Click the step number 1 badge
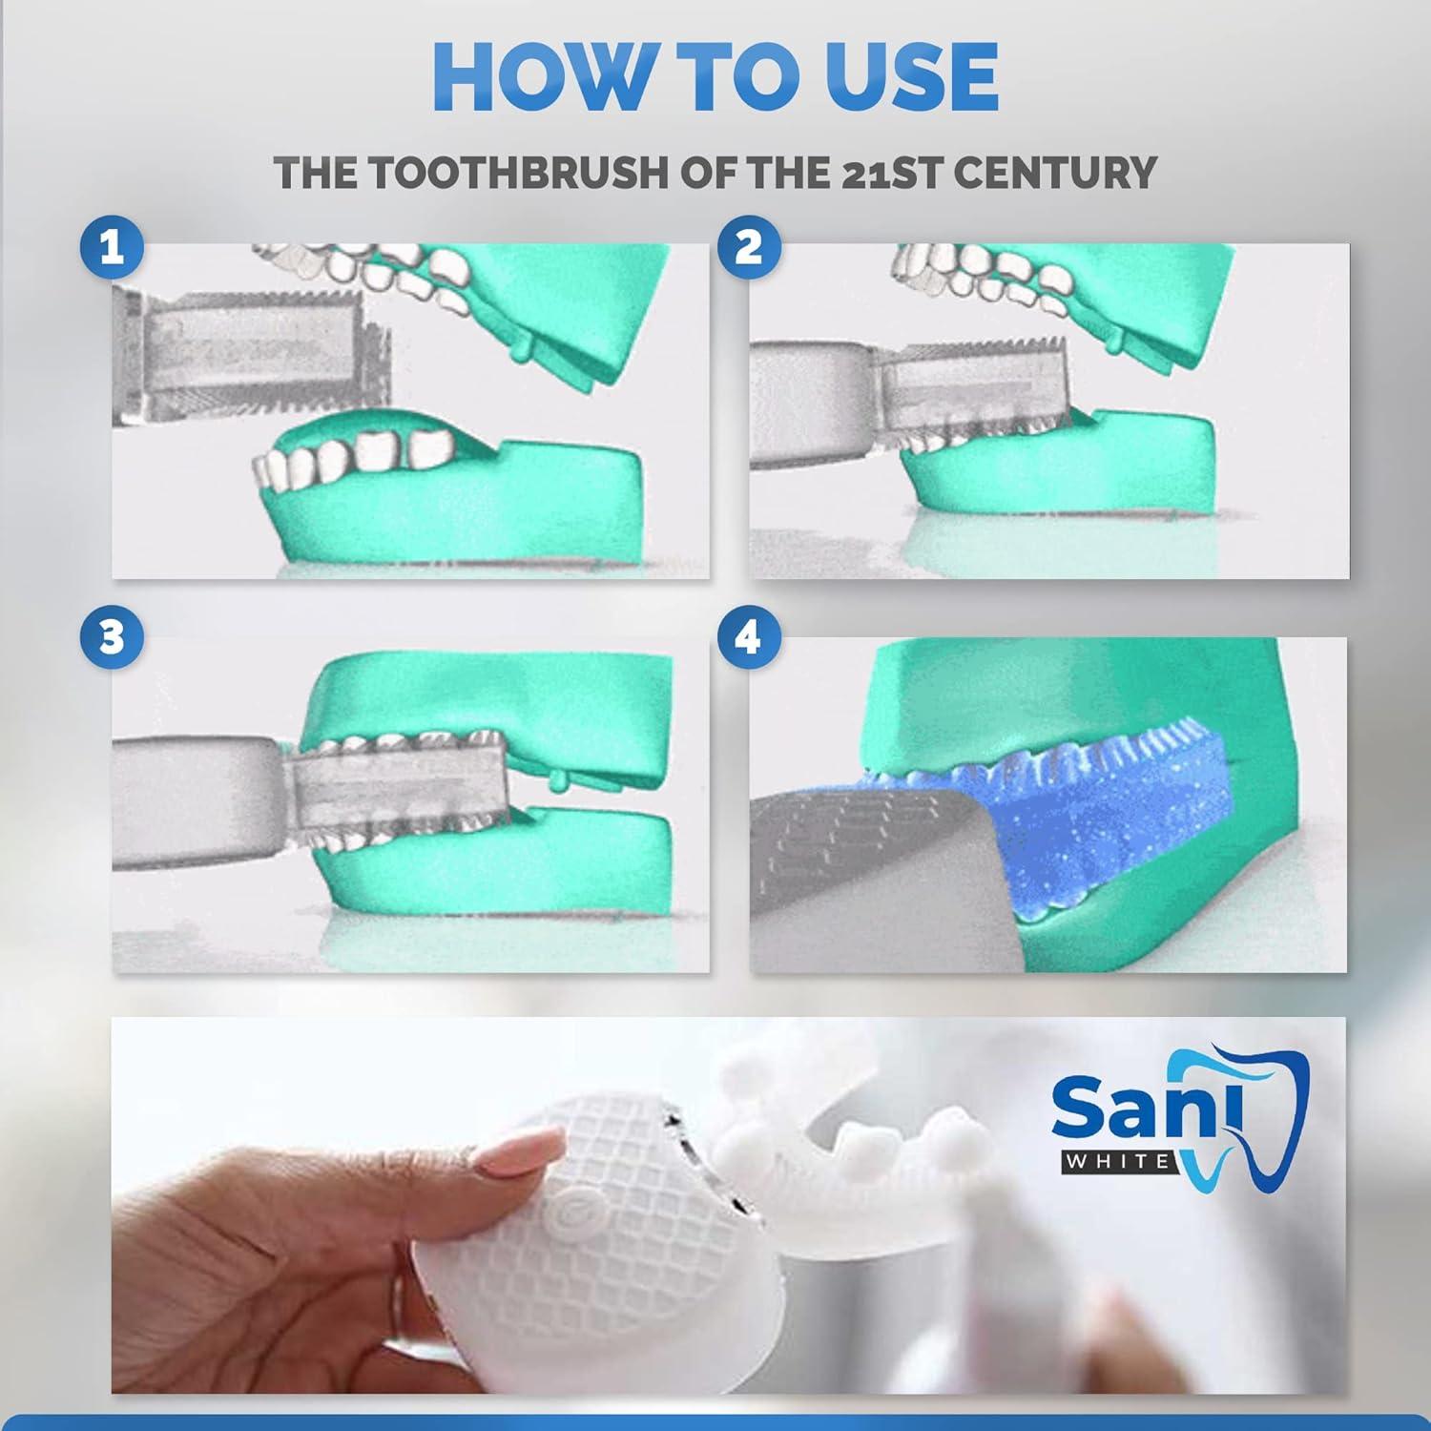112,248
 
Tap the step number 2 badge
749,248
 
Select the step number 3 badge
112,636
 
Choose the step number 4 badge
749,636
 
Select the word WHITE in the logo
1119,1161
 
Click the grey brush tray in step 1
253,358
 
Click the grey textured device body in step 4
859,859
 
